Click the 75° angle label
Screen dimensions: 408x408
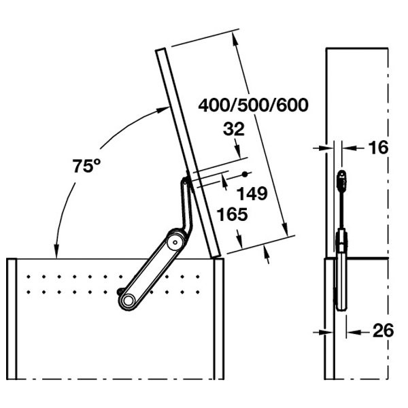86,166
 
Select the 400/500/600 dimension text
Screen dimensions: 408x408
253,105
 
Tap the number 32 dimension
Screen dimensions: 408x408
234,129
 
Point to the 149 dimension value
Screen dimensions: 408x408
252,194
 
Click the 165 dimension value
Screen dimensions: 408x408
233,214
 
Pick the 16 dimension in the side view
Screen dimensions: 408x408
378,148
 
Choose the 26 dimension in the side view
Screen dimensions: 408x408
384,330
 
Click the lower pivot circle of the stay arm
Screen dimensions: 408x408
128,301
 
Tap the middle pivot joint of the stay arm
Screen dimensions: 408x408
175,242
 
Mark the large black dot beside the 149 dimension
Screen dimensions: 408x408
245,174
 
